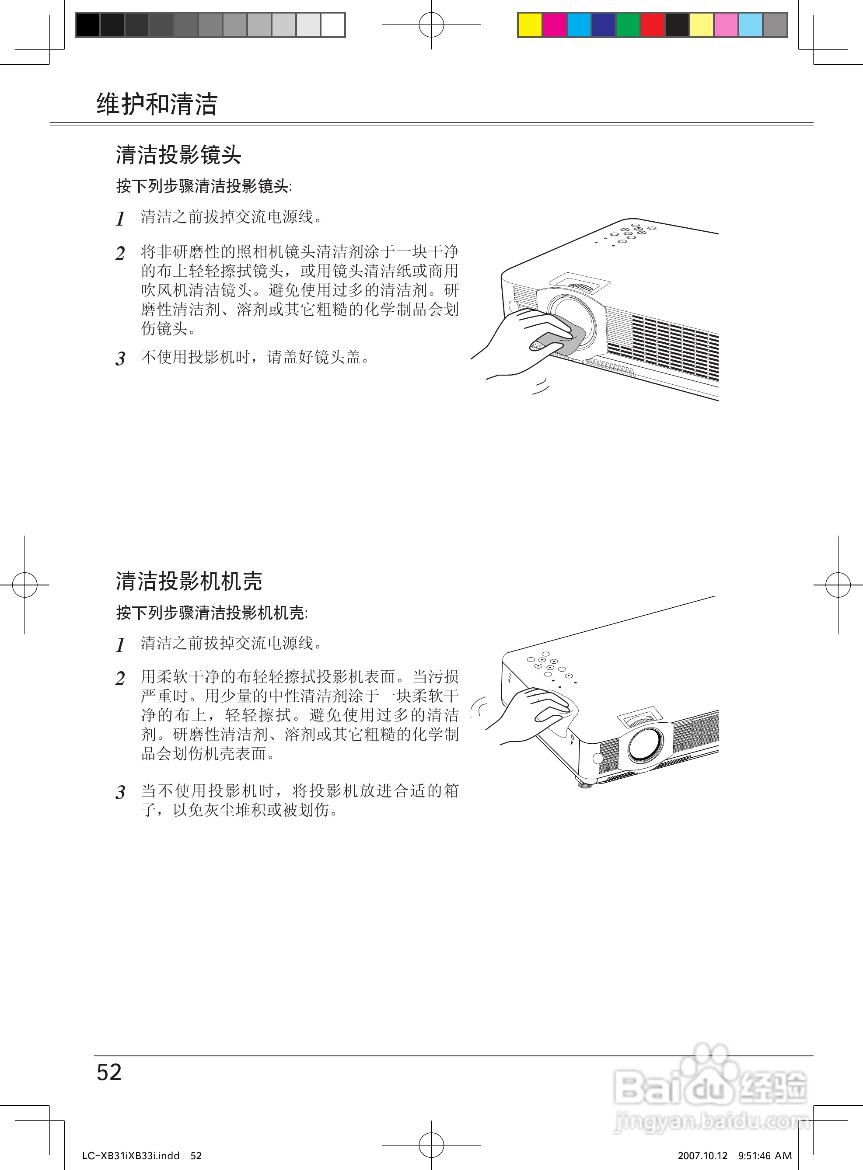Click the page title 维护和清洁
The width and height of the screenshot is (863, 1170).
(x=157, y=104)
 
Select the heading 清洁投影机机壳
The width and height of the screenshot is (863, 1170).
(x=189, y=581)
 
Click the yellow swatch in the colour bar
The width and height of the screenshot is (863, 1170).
(x=530, y=25)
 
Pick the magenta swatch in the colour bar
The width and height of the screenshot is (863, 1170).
(x=554, y=25)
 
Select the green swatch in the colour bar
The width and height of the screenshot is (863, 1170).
(x=628, y=25)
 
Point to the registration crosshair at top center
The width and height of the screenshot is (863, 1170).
(x=431, y=24)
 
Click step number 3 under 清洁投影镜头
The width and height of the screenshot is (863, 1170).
(x=121, y=359)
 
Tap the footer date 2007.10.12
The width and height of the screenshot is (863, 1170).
(x=702, y=1156)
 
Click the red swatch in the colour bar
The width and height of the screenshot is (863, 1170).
(x=653, y=25)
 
